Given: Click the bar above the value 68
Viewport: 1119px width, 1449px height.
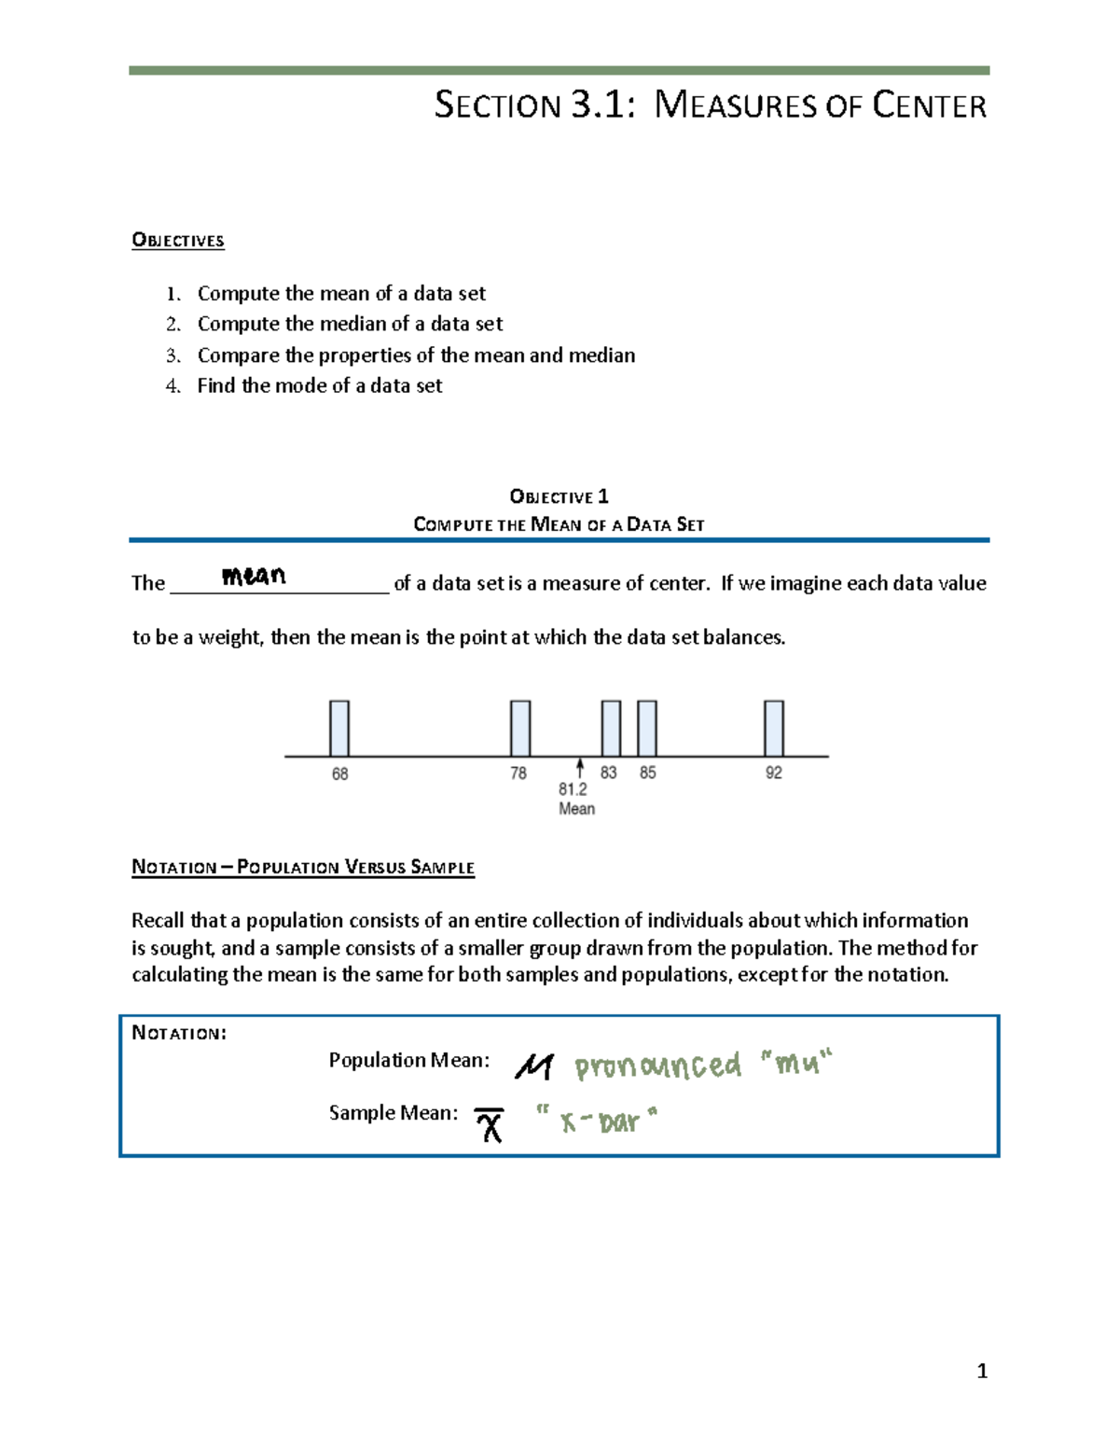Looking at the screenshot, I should click(339, 729).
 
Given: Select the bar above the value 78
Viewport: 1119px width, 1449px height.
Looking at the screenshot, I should click(520, 729).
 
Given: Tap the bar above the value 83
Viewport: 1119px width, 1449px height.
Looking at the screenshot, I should click(611, 729).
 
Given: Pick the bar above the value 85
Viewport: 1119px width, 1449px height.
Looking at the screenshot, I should click(647, 729).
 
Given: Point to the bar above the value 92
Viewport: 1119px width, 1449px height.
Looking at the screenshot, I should click(774, 729).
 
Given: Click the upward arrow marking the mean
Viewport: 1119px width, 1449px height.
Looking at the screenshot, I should click(580, 768).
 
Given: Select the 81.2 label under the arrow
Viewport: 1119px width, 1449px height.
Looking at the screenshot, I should click(573, 789).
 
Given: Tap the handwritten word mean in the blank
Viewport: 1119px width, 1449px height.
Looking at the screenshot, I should click(254, 576).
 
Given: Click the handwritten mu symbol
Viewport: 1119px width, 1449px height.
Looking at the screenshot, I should click(534, 1066).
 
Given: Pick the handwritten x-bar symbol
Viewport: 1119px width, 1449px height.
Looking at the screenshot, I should click(490, 1125).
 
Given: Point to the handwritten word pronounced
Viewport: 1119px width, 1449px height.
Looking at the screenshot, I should click(657, 1066).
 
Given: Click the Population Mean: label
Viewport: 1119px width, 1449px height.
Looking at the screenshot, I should click(408, 1060).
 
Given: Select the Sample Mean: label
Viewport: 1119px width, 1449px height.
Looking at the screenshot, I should click(393, 1113).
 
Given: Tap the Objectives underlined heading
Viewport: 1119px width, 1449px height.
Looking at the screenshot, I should click(178, 241).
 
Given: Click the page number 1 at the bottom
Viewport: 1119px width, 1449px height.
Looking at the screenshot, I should click(981, 1371).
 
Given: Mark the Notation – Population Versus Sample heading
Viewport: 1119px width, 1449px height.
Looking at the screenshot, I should click(303, 867).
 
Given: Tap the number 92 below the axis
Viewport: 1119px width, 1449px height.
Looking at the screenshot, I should click(774, 773).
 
